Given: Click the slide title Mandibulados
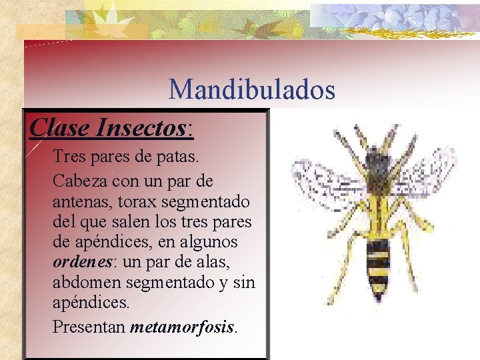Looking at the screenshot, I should pos(251,89).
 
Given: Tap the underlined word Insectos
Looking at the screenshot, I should pos(143,127).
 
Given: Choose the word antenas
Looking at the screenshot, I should pos(77,201).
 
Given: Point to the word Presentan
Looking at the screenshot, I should pos(89,327).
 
